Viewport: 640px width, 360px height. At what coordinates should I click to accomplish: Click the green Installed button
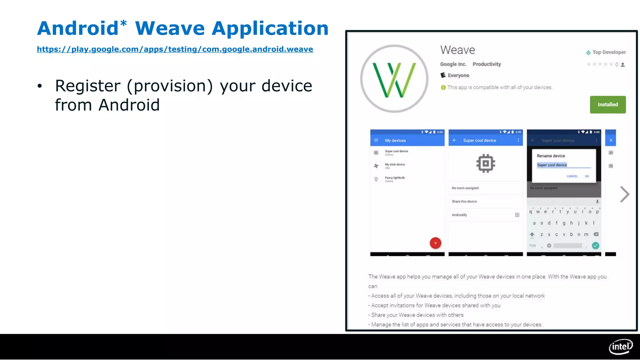(607, 104)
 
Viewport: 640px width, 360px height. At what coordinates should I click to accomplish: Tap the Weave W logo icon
(394, 79)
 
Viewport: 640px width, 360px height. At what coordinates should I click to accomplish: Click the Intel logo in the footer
(620, 347)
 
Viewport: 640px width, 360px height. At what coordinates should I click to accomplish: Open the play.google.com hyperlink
(175, 49)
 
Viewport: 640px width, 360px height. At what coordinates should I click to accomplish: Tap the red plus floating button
(435, 243)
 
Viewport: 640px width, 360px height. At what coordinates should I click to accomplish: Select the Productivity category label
(487, 64)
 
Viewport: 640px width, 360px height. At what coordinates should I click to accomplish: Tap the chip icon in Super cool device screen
(485, 163)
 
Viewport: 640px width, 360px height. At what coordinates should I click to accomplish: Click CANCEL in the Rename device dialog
(572, 176)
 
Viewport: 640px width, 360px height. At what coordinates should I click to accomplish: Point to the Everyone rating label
(458, 75)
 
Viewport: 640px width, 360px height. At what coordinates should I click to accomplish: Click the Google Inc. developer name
(453, 64)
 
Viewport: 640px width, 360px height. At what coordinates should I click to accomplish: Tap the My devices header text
(395, 141)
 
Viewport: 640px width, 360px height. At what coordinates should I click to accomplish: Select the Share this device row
(464, 202)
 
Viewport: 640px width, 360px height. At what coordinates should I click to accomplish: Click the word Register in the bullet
(88, 86)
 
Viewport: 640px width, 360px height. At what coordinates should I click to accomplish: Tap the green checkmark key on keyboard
(596, 246)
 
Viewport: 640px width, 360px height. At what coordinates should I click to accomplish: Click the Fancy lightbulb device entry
(395, 178)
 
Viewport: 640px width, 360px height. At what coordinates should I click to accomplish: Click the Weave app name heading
(457, 50)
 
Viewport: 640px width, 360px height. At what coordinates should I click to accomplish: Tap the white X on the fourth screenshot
(611, 140)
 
